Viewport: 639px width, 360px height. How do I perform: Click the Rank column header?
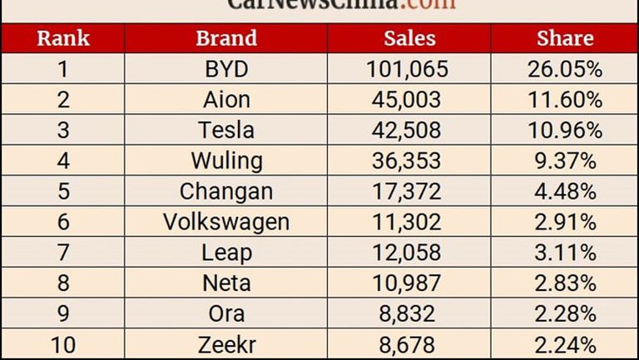coord(62,38)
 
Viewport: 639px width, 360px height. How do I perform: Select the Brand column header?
coord(226,38)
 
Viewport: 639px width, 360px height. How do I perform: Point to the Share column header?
coord(565,38)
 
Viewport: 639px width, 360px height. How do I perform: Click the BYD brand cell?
coord(226,69)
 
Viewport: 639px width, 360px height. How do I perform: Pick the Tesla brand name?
coord(226,131)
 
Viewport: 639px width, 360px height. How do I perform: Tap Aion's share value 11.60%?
coord(565,100)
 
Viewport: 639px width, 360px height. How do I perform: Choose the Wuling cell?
coord(226,160)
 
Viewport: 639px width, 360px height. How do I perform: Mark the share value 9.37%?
coord(565,160)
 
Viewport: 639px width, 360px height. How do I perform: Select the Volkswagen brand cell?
coord(226,222)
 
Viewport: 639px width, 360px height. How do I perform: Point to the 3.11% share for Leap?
coord(565,252)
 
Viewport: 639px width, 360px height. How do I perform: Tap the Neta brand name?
coord(226,283)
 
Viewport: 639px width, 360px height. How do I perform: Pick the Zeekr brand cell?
coord(226,343)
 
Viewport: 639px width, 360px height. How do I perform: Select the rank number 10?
coord(62,343)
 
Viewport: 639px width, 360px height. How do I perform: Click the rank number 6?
coord(62,222)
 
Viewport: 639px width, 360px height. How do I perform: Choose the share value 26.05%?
coord(565,69)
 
